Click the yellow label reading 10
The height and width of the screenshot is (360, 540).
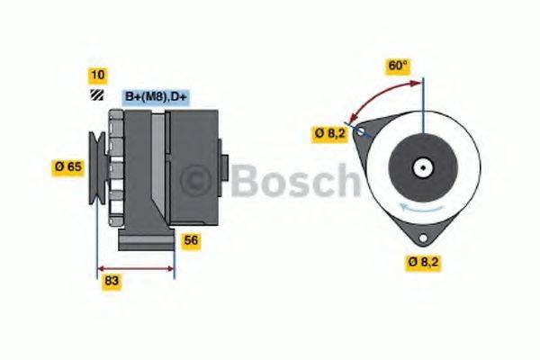(97, 74)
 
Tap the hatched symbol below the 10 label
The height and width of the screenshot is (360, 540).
(96, 95)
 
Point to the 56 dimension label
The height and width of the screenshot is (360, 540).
(191, 240)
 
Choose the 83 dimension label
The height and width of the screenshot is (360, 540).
(112, 281)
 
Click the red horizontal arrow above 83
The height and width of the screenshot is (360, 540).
(135, 267)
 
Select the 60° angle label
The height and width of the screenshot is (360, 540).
(398, 66)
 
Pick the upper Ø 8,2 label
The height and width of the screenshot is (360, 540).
(328, 133)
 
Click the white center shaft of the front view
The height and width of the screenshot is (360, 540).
(421, 167)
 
